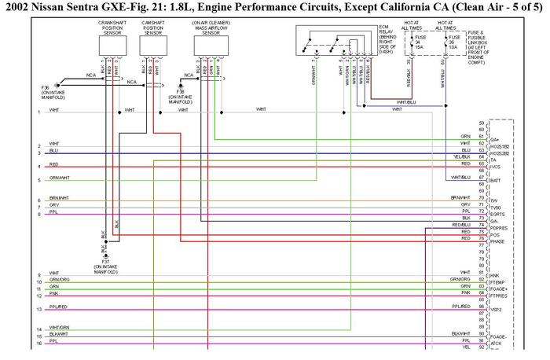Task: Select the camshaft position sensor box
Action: click(x=153, y=48)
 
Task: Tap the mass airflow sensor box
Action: click(x=211, y=48)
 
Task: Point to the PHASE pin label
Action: click(x=498, y=241)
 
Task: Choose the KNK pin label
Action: click(x=494, y=275)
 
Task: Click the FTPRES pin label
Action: click(x=500, y=296)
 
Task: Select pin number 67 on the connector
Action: click(x=481, y=177)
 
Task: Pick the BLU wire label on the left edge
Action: click(x=53, y=150)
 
